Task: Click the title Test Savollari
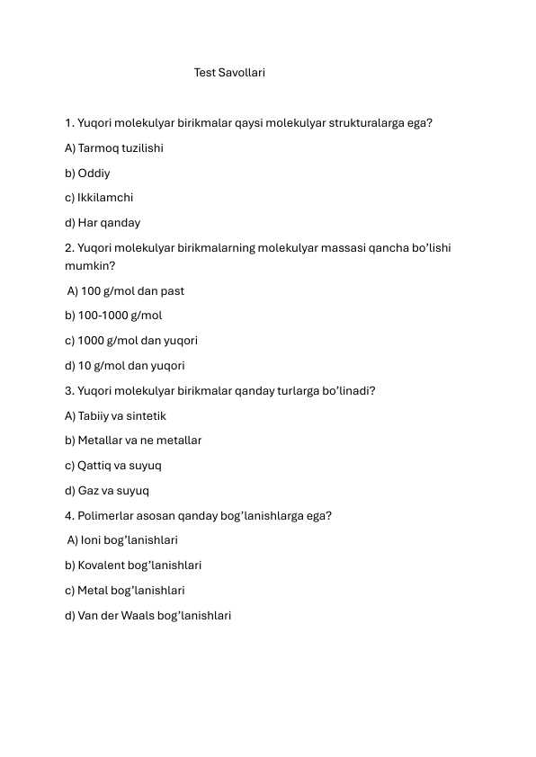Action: pos(229,72)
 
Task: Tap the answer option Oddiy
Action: pos(87,173)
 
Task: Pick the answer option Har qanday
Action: pos(103,223)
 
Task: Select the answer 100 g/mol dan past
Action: pos(126,290)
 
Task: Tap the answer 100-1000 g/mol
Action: pos(113,316)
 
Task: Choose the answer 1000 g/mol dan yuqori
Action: pos(131,341)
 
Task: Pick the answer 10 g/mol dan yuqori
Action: pos(125,366)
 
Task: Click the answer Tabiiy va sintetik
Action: pos(115,416)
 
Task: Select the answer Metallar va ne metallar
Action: pos(133,441)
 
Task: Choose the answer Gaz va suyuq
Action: pos(107,491)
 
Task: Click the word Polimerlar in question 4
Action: pos(108,516)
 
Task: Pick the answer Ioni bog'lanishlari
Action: pos(123,540)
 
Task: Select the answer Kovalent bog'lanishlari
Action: pos(133,566)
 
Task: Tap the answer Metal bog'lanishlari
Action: pos(125,591)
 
